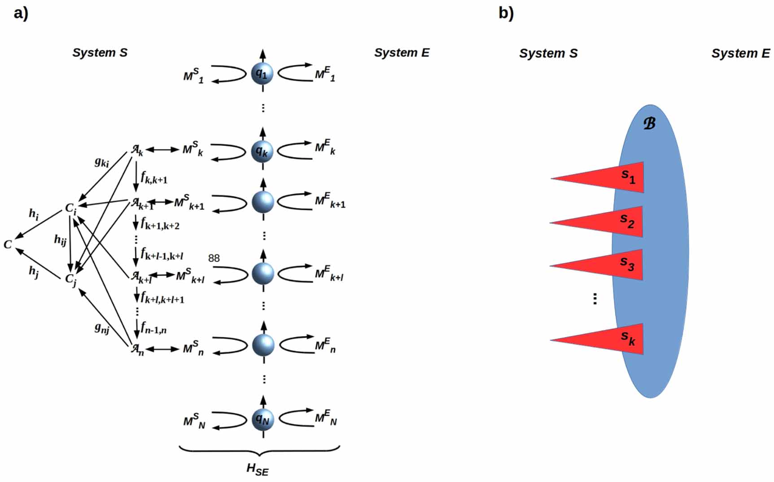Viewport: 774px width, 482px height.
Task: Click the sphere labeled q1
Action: (x=262, y=73)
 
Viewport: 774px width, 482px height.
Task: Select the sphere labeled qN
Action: (x=263, y=419)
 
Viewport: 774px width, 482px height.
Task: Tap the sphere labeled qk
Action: (x=262, y=151)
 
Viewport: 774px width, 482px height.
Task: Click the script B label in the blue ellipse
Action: (x=649, y=123)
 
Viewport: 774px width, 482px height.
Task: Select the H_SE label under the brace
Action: (x=257, y=469)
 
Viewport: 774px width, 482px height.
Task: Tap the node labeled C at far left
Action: (x=8, y=244)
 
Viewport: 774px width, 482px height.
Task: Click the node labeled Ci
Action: (x=71, y=208)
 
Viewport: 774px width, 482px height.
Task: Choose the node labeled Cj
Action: (x=71, y=279)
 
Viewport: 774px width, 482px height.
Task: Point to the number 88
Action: (x=214, y=258)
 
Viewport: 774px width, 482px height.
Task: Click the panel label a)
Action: (x=21, y=13)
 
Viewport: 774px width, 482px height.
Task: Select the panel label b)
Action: (x=506, y=13)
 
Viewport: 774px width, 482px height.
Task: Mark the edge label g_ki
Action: (x=102, y=162)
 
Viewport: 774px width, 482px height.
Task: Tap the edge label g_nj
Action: (x=102, y=328)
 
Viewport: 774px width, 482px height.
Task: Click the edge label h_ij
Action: (x=60, y=240)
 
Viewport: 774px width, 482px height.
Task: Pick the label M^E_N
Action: (x=326, y=418)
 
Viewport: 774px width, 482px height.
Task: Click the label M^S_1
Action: (x=193, y=76)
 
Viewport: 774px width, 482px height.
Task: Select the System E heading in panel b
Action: (x=740, y=53)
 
